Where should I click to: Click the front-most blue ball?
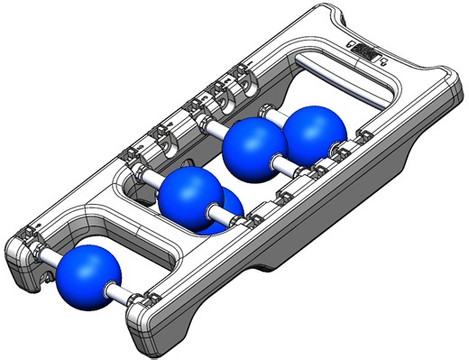88,276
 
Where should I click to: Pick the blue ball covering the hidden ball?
192,198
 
